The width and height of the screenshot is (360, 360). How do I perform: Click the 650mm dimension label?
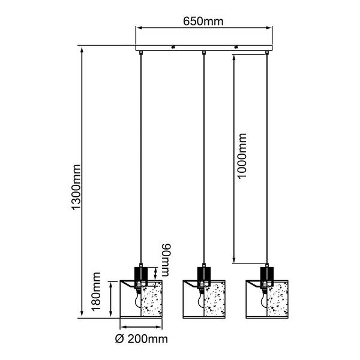point(203,22)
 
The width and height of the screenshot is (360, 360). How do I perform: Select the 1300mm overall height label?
point(76,187)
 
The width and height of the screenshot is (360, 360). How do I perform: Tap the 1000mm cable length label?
point(241,155)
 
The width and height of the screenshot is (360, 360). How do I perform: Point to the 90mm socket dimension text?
point(166,260)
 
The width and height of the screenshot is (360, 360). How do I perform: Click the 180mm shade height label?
point(96,292)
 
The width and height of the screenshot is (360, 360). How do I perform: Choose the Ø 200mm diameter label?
point(142,339)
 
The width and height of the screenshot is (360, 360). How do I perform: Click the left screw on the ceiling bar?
point(173,47)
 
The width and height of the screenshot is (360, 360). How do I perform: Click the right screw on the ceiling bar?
point(236,47)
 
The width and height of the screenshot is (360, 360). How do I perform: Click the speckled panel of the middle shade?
point(215,299)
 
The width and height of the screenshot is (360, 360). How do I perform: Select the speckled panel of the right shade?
point(277,299)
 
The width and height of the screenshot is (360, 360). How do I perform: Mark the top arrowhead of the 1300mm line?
point(82,49)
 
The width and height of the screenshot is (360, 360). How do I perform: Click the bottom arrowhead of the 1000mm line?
point(234,260)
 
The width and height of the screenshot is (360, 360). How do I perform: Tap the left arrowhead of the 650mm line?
point(139,28)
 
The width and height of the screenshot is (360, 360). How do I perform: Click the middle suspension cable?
point(204,159)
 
